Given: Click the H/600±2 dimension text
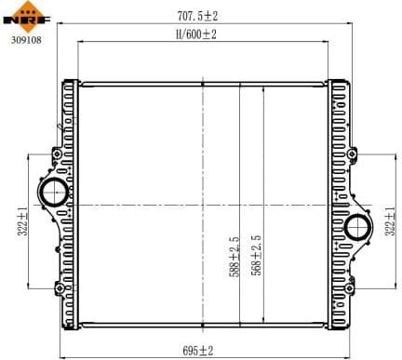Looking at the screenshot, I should tap(195, 34).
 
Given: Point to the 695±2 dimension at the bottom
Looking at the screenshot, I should tap(197, 351).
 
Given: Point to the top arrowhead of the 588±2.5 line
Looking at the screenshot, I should tap(241, 85).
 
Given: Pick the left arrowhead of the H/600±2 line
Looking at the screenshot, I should tap(80, 42).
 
